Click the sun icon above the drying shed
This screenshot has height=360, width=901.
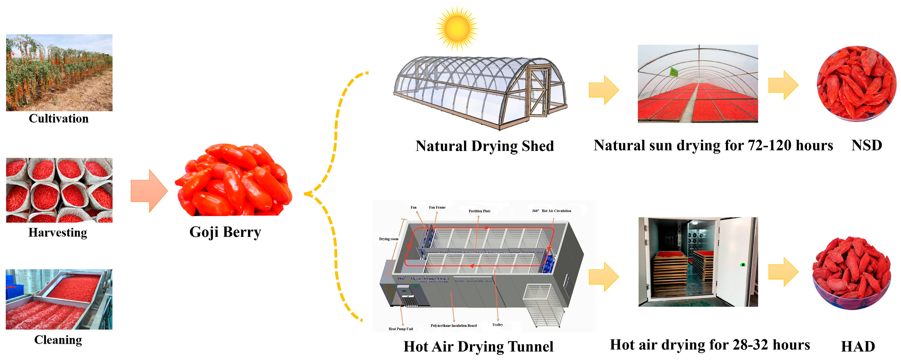click(457, 28)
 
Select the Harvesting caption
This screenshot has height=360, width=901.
click(58, 233)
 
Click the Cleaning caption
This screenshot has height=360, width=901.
click(58, 340)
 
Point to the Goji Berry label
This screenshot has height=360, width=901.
click(225, 232)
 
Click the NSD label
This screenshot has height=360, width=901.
click(866, 145)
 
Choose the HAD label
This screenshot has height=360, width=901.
click(858, 346)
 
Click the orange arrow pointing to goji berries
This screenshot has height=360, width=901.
click(149, 191)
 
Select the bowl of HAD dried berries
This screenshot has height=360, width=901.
click(851, 273)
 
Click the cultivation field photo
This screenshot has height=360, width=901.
click(59, 72)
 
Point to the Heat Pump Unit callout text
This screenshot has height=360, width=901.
click(401, 329)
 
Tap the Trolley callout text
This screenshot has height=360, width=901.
click(497, 325)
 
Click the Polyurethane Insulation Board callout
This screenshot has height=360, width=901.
click(453, 326)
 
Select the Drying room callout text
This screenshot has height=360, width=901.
click(389, 239)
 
